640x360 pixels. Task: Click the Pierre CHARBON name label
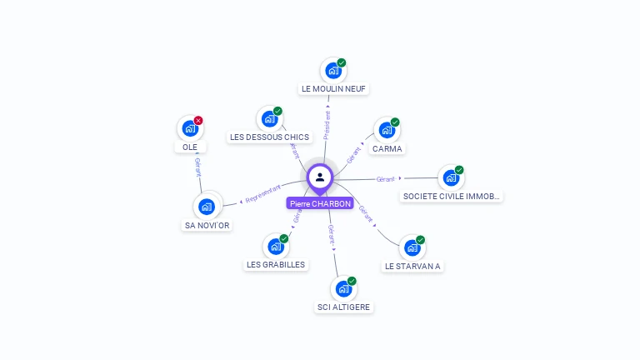[320, 203]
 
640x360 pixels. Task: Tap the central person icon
[320, 177]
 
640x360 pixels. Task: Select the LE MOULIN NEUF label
[333, 88]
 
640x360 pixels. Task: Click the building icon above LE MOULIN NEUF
[333, 71]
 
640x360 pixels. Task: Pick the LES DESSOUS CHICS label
[268, 137]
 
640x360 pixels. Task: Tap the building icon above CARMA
[386, 130]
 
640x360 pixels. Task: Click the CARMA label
[387, 149]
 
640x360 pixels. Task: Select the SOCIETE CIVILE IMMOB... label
[451, 197]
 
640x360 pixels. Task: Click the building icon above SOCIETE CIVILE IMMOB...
[451, 177]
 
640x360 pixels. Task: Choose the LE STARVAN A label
[412, 267]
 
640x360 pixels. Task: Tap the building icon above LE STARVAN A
[412, 248]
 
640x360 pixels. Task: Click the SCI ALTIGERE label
[344, 307]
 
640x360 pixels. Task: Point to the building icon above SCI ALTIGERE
[343, 289]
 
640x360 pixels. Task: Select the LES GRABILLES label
[276, 265]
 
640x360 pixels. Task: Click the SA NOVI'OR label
[207, 225]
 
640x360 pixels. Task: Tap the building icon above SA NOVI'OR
[207, 206]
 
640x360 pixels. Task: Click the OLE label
[190, 147]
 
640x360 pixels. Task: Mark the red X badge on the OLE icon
[198, 121]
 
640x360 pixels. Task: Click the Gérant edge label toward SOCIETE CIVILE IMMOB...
[385, 179]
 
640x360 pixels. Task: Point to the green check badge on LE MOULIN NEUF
[342, 62]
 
